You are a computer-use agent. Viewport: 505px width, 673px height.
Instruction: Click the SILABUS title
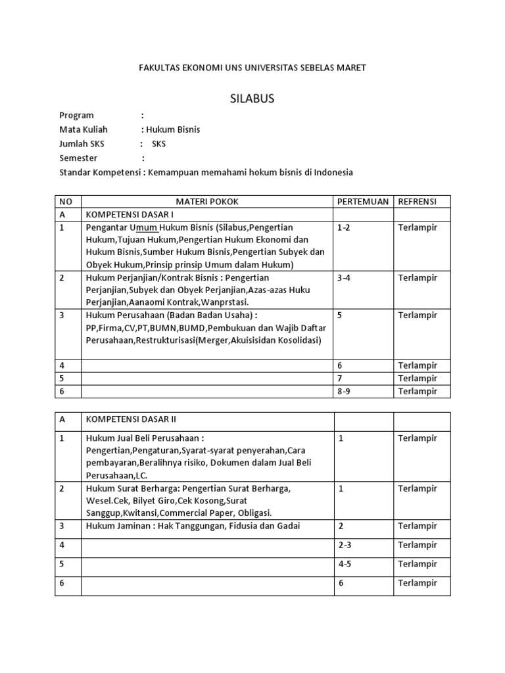pos(252,99)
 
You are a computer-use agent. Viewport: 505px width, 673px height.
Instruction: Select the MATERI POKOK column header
pos(207,201)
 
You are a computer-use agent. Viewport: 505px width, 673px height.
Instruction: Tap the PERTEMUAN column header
pos(363,201)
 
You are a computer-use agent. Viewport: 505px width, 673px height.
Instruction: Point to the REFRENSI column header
pos(418,201)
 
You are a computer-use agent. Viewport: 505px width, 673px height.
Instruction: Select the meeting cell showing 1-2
pos(344,227)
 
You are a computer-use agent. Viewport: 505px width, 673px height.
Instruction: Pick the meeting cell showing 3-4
pos(344,277)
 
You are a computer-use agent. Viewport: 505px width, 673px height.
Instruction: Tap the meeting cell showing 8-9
pos(344,391)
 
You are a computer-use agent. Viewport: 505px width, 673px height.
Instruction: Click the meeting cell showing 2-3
pos(344,545)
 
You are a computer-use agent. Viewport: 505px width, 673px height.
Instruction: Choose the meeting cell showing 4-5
pos(344,564)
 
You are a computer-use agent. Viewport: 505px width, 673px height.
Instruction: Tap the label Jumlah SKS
pos(82,144)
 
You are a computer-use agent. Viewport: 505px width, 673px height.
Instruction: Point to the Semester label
pos(78,158)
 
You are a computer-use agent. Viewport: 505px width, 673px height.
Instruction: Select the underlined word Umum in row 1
pos(143,227)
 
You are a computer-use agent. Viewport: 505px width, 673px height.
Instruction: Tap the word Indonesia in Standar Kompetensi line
pos(333,173)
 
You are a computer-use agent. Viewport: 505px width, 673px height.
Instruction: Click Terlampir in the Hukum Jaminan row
pos(418,526)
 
